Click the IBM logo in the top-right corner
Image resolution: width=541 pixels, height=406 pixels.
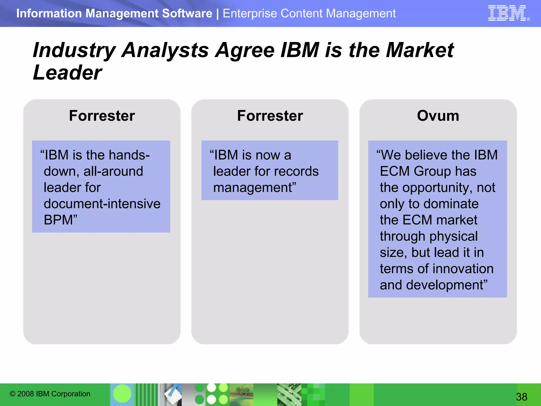pos(507,13)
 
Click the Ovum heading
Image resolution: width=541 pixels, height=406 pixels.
pos(438,116)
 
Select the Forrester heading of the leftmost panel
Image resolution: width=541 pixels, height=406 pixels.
pos(102,116)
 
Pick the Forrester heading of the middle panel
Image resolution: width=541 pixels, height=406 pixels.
pos(270,116)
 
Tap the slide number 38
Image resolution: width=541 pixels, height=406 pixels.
pos(521,397)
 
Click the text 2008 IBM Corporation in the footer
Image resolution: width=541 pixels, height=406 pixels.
pos(54,394)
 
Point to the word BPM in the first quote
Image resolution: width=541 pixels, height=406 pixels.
pos(58,220)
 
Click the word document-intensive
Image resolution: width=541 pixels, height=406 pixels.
pos(102,204)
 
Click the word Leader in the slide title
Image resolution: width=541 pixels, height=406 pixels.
pos(67,73)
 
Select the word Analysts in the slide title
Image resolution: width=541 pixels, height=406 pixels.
pos(165,50)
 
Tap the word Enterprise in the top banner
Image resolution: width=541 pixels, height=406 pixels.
pos(250,13)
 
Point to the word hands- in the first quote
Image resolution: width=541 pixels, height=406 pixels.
pos(129,155)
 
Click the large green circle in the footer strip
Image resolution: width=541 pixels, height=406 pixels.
pos(122,394)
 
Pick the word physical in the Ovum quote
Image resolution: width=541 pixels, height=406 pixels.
pos(453,236)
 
